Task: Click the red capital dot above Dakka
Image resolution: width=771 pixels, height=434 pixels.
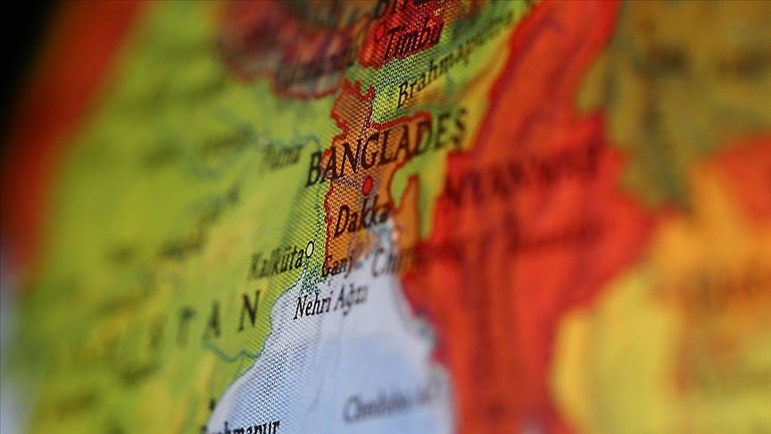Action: (x=367, y=186)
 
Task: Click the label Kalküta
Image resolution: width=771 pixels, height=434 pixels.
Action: (x=274, y=263)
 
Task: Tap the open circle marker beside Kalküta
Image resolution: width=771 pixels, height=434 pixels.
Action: (x=310, y=248)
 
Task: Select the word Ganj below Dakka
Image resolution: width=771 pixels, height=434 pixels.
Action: (x=338, y=266)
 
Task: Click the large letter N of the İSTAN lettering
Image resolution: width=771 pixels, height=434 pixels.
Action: (x=247, y=310)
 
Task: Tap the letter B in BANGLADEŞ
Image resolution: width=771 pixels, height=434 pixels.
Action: (x=315, y=170)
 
